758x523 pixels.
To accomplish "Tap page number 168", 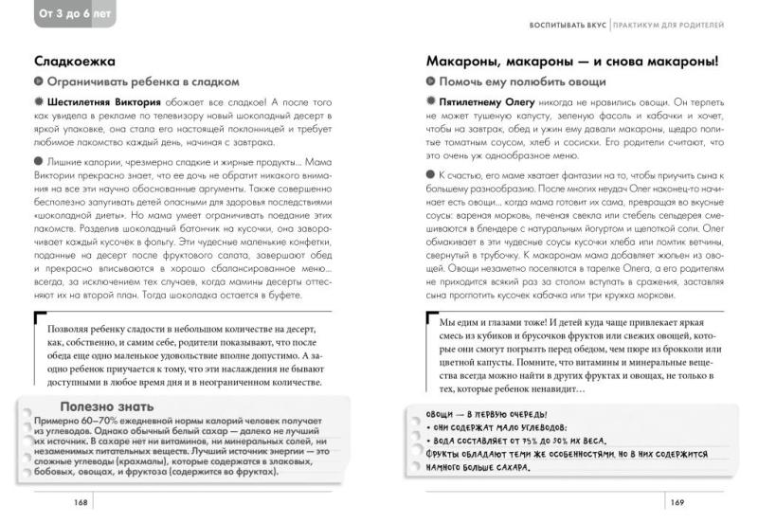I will pyautogui.click(x=63, y=501).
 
